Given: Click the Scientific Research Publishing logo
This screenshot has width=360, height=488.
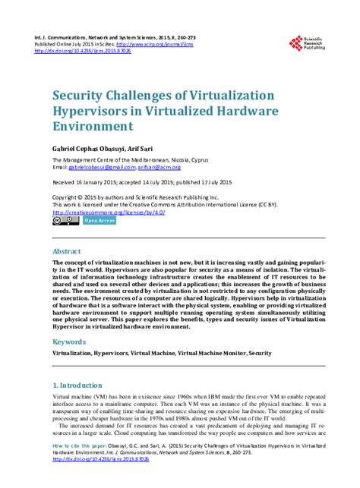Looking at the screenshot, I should coord(308,46).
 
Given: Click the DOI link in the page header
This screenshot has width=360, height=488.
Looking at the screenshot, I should coord(88,51).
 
